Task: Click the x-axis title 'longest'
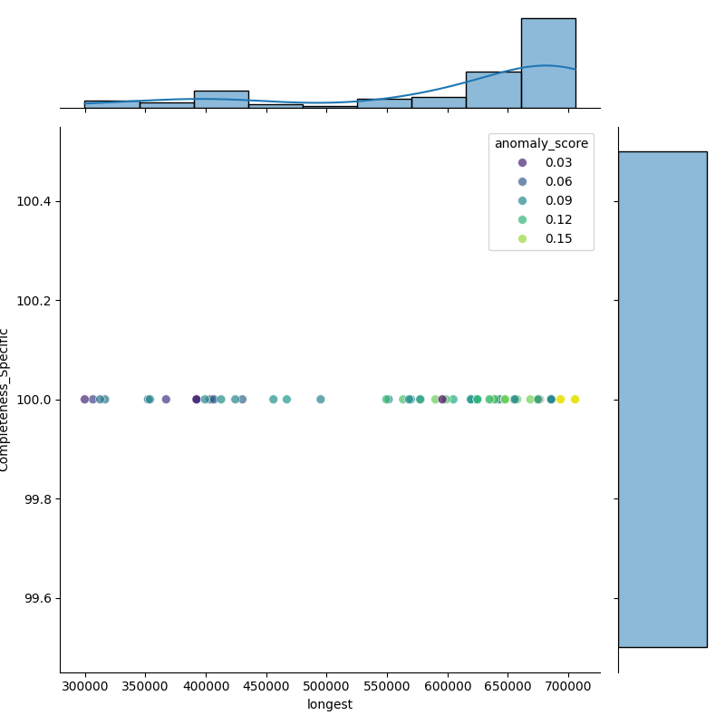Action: (x=330, y=704)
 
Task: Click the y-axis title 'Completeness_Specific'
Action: (x=5, y=400)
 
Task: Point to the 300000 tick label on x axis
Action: (x=85, y=687)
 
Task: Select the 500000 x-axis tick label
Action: (x=327, y=687)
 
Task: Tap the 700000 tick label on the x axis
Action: (x=568, y=687)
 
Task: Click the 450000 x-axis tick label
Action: (x=266, y=687)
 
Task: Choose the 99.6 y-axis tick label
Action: (x=37, y=599)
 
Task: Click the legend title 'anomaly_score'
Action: (x=541, y=143)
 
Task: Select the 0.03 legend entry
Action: (x=558, y=162)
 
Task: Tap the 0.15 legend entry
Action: (x=558, y=238)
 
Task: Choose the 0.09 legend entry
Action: (x=558, y=200)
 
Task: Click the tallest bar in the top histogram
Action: (x=547, y=63)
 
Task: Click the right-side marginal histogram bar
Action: (x=662, y=399)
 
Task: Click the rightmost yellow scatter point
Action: (x=575, y=400)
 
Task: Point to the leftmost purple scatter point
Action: (x=84, y=400)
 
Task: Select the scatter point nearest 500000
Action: (x=320, y=400)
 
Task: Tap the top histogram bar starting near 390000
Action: (x=221, y=99)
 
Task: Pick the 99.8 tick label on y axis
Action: (x=37, y=499)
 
